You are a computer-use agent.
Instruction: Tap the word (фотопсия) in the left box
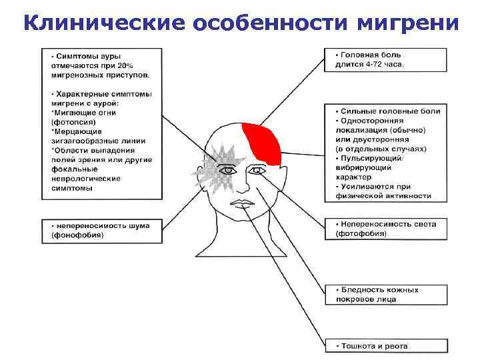(x=73, y=123)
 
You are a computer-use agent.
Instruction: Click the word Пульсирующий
(x=373, y=158)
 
